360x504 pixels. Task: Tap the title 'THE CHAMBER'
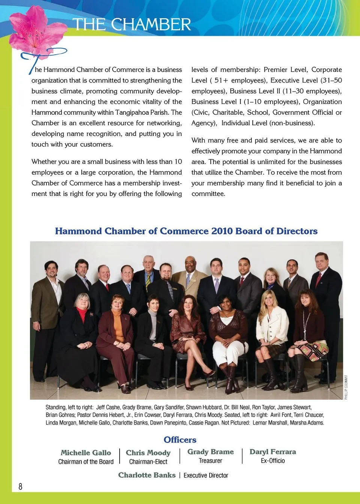click(x=132, y=25)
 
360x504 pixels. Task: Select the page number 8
click(x=20, y=486)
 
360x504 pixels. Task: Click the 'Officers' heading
click(x=180, y=439)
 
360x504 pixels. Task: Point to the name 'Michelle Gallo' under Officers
click(x=86, y=453)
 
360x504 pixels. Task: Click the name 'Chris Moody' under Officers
click(x=148, y=453)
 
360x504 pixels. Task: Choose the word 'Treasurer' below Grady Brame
click(x=210, y=461)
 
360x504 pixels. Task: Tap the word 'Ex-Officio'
click(x=273, y=461)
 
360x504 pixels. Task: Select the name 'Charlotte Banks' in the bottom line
click(x=147, y=475)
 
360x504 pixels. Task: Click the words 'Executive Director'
click(x=206, y=475)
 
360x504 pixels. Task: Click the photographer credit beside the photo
click(x=346, y=387)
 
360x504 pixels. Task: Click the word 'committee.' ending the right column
click(x=208, y=194)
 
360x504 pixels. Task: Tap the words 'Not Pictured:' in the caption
click(x=235, y=423)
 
